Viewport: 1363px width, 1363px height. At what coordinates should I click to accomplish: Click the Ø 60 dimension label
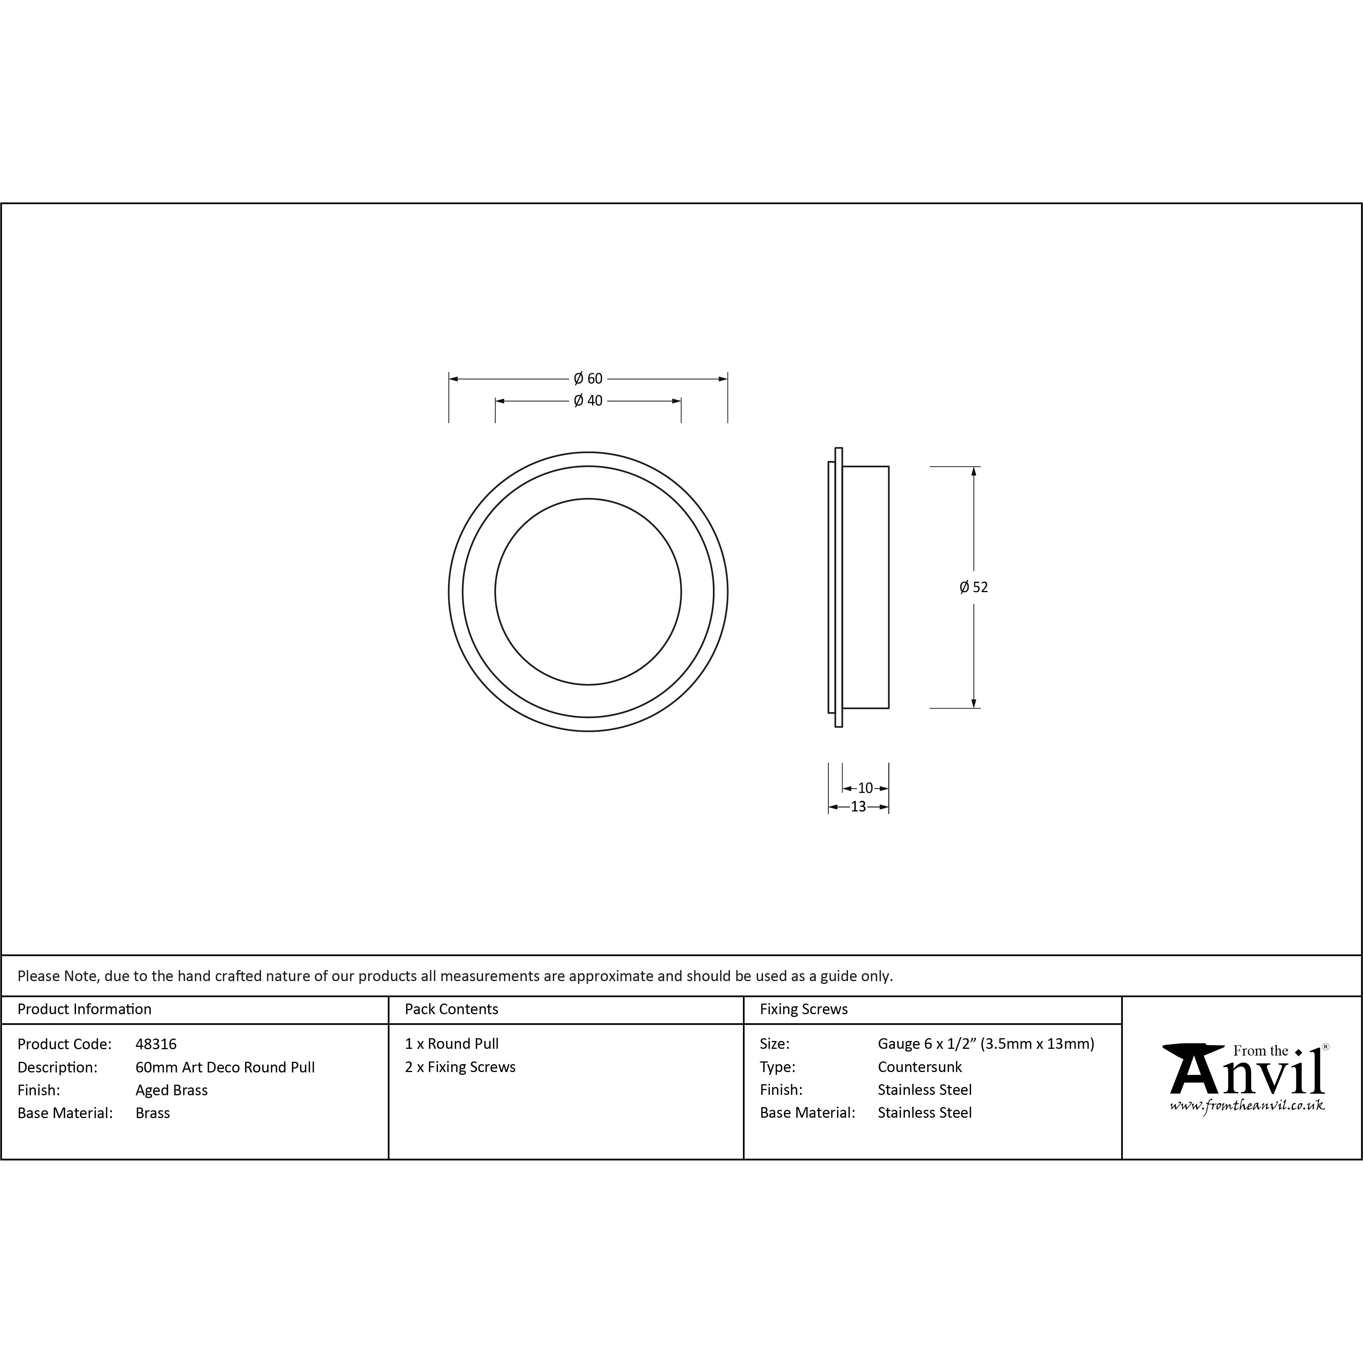(x=588, y=379)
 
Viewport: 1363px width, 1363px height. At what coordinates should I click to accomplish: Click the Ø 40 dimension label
(x=588, y=401)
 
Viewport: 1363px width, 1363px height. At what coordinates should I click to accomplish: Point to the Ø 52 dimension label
(x=974, y=587)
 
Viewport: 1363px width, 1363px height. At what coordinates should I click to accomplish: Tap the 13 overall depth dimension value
(x=858, y=806)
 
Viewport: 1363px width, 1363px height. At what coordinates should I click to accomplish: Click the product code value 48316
(x=156, y=1043)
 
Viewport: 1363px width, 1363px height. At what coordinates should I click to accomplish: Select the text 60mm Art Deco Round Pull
(x=225, y=1067)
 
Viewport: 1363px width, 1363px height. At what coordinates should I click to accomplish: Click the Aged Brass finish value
(x=171, y=1090)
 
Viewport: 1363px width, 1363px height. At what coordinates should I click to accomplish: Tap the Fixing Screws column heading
(x=804, y=1009)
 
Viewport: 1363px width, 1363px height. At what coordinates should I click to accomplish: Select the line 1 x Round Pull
(x=452, y=1043)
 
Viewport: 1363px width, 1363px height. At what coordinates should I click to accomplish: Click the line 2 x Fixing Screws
(x=460, y=1067)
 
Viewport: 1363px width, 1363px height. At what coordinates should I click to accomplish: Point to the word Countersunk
(x=919, y=1067)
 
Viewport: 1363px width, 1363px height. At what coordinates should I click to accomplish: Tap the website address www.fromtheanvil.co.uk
(x=1246, y=1106)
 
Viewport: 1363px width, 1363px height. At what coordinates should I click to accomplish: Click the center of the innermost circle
(x=588, y=591)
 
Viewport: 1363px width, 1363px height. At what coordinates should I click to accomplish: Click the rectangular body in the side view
(x=866, y=587)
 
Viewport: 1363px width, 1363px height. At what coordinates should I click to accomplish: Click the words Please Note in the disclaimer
(x=58, y=976)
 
